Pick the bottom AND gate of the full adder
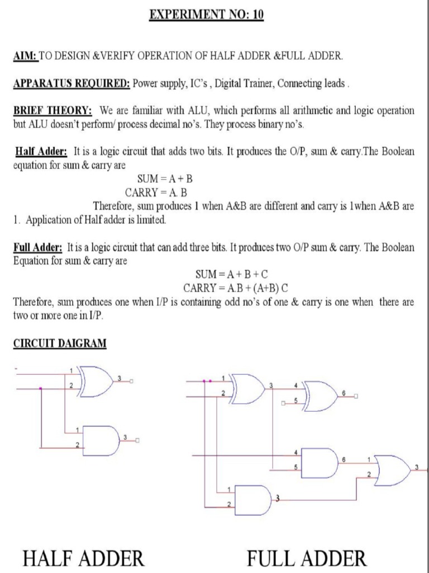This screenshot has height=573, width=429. coord(253,499)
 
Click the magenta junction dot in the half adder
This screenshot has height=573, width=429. coord(41,388)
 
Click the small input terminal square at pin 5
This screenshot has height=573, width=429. coord(283,402)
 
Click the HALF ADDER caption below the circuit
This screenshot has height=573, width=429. coord(84,558)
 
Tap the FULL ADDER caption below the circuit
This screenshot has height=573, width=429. coord(307,558)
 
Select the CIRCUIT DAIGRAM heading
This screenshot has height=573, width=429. coord(59,343)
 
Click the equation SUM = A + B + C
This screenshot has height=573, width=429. coord(232,274)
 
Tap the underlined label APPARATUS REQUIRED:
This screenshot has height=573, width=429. coord(71,83)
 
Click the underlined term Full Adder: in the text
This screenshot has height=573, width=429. coord(37,247)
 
